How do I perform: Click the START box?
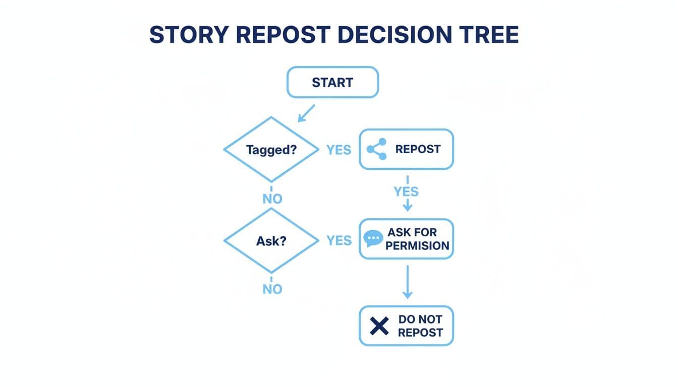tap(332, 82)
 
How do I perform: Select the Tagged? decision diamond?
tap(271, 150)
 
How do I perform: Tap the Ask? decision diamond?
tap(271, 241)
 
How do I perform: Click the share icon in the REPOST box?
tap(377, 149)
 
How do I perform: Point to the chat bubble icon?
tap(373, 238)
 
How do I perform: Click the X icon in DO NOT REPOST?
tap(379, 326)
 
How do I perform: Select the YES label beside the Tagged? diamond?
tap(338, 150)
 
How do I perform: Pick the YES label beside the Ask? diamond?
tap(338, 241)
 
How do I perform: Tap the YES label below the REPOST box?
tap(406, 191)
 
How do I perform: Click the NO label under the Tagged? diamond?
tap(272, 199)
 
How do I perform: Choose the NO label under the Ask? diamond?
tap(272, 289)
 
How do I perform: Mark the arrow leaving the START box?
tap(306, 113)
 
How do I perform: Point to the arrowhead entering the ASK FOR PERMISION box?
tap(407, 207)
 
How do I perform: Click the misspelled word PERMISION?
tap(417, 246)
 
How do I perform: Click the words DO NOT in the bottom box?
tap(420, 319)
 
